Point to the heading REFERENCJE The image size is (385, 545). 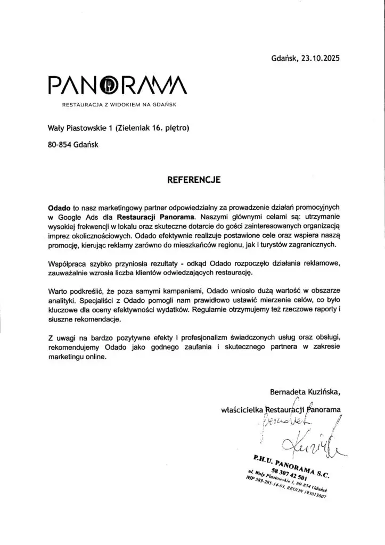(x=194, y=180)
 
